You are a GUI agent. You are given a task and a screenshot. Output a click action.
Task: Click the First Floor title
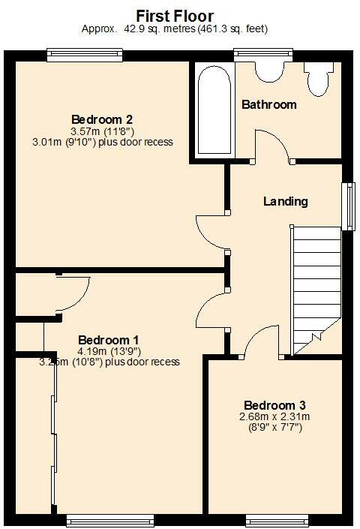(175, 15)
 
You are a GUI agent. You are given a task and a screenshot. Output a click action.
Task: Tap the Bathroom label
(268, 104)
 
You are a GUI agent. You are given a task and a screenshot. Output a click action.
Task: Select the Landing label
(286, 201)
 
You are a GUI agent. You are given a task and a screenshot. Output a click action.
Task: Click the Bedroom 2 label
(102, 119)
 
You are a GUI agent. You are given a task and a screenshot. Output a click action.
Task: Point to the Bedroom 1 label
(109, 338)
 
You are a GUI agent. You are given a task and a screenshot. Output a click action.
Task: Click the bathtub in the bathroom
(213, 110)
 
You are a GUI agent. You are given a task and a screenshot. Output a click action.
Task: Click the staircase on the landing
(315, 289)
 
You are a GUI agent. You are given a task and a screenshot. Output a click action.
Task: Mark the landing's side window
(348, 205)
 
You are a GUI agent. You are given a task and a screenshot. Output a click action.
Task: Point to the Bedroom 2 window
(84, 53)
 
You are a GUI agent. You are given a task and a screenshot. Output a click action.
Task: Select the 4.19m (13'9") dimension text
(109, 350)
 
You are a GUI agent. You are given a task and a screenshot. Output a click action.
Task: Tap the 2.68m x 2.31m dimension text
(274, 416)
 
